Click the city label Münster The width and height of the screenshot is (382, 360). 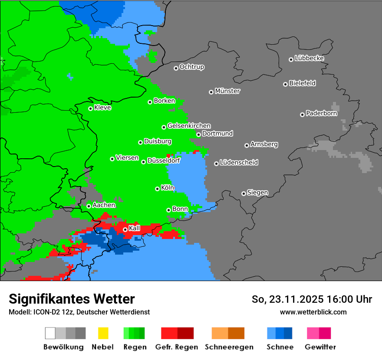[x=227, y=91]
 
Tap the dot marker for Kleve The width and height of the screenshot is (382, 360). [x=90, y=108]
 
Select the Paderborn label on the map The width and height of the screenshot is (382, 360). [x=322, y=114]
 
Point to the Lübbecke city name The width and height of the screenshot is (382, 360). [x=310, y=58]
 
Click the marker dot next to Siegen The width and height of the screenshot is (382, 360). [x=244, y=193]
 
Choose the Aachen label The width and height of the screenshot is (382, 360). [x=104, y=205]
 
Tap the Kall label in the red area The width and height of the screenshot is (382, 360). [x=135, y=228]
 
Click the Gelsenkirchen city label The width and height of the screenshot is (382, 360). [x=189, y=126]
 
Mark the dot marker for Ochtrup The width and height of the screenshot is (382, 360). [x=176, y=68]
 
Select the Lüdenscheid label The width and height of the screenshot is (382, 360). [x=239, y=163]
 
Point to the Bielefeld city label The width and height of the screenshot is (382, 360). [x=303, y=83]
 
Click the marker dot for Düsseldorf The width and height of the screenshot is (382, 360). [x=143, y=162]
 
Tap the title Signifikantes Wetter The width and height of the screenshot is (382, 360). [x=72, y=299]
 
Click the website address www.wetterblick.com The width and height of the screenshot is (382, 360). [x=313, y=312]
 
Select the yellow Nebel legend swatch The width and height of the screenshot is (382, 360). [x=103, y=333]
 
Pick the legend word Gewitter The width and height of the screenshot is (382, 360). [x=320, y=347]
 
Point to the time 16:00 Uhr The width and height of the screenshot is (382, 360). [x=352, y=299]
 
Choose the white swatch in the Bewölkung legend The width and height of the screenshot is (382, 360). [x=50, y=333]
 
